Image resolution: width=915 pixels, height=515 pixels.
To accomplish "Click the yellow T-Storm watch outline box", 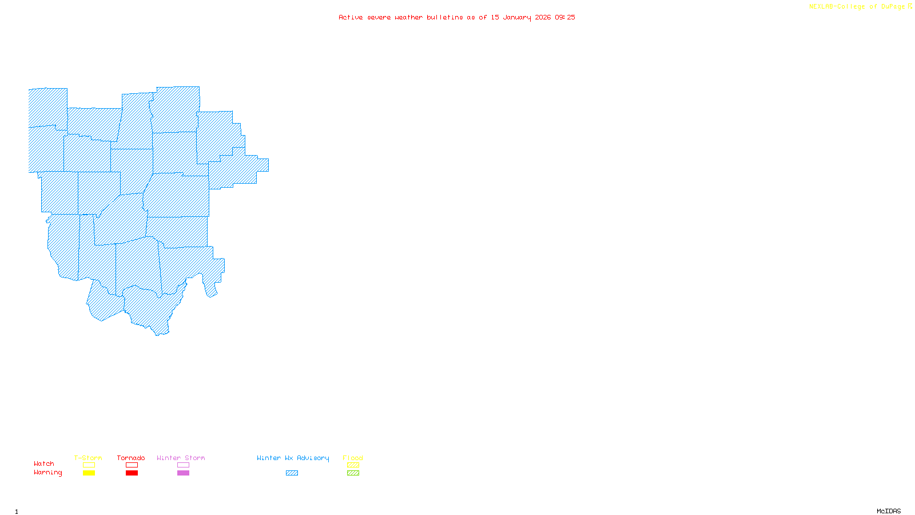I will tap(89, 465).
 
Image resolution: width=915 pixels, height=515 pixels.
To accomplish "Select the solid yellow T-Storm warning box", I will tap(89, 473).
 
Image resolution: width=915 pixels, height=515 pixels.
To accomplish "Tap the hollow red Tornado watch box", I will tap(132, 465).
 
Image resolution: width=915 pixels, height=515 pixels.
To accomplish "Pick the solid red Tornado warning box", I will tap(132, 473).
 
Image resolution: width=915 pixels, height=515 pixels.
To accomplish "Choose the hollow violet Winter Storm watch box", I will tap(183, 465).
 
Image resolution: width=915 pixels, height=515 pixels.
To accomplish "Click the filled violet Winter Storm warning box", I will tap(183, 473).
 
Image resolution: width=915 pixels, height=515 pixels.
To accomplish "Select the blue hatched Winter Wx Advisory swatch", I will tap(292, 473).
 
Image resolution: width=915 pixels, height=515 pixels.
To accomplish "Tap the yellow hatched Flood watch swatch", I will tap(353, 465).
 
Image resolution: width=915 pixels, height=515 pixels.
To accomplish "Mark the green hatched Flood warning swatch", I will tap(353, 473).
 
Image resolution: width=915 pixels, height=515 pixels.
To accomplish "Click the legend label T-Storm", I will tap(88, 458).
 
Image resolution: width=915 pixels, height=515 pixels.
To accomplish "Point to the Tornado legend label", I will tap(131, 458).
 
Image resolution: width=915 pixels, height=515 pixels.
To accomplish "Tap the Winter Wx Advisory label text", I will tap(293, 458).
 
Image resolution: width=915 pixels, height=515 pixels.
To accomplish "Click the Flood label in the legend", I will tap(353, 458).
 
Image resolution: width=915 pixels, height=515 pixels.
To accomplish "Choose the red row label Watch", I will tap(44, 463).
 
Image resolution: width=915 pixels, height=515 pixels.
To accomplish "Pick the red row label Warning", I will tap(47, 473).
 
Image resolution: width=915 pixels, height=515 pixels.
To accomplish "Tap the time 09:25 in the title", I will tap(565, 17).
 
